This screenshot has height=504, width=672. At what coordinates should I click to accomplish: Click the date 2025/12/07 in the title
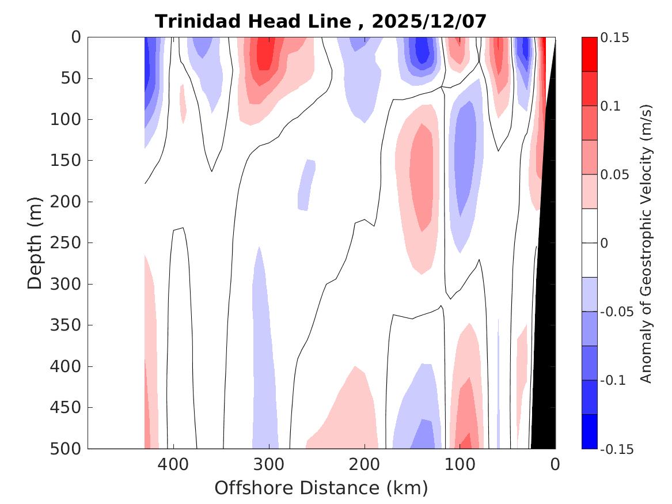coord(429,22)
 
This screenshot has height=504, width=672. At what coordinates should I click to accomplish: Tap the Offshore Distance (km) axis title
coord(321,488)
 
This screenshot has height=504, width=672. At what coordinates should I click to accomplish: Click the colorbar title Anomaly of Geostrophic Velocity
coord(646,243)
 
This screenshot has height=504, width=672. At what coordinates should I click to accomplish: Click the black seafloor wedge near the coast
coord(544,346)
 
